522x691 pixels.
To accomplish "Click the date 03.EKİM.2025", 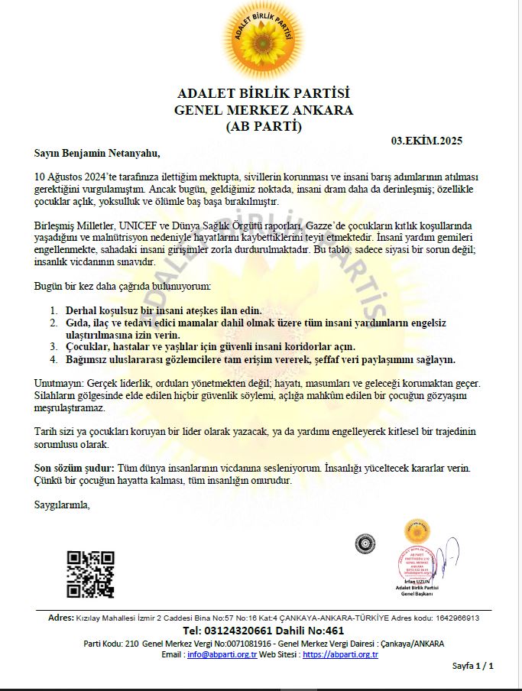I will tap(426, 141).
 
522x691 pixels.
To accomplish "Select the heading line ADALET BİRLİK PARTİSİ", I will tap(263, 94).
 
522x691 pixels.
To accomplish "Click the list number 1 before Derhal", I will tap(53, 311).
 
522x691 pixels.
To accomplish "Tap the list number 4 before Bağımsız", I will tap(53, 358).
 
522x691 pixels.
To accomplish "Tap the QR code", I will tap(90, 574).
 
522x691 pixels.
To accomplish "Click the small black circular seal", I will tap(365, 543).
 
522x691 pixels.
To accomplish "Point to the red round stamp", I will tap(417, 565).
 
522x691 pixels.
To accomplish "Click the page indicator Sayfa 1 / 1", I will tap(473, 667).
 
